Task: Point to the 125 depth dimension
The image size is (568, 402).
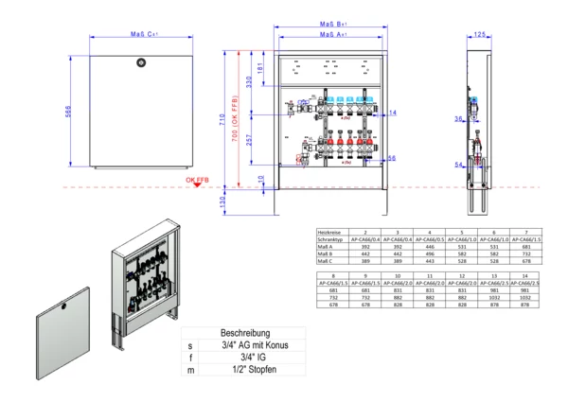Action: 480,34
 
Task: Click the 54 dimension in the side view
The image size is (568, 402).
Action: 457,164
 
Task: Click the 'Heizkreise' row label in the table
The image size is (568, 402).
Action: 330,232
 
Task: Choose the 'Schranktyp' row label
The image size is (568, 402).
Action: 330,240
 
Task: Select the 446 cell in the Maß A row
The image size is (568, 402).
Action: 430,248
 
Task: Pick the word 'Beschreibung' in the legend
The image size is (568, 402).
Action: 246,334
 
